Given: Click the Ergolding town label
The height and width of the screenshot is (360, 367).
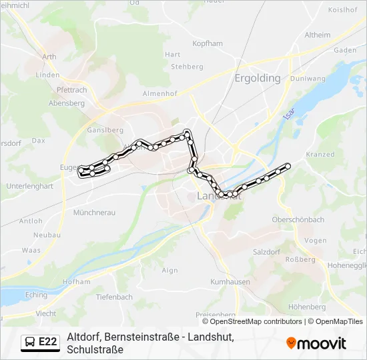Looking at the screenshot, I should tap(258, 78).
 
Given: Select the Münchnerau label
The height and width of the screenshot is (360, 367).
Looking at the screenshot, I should tap(94, 212).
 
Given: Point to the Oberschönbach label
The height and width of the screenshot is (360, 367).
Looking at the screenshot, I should tap(298, 219).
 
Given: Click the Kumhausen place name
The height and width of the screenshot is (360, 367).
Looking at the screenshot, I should tap(230, 282).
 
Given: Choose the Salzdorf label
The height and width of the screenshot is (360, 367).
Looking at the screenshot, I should tap(267, 252).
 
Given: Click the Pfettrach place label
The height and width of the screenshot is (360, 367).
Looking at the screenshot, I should tap(72, 90).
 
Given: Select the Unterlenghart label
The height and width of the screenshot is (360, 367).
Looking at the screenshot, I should tap(29, 187).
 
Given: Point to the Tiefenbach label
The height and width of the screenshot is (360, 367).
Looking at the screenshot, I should tap(114, 297).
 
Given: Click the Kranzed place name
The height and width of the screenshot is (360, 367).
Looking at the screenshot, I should tap(320, 155).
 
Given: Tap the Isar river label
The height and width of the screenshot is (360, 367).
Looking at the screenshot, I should tap(288, 114).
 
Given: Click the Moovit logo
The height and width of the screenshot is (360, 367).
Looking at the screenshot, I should tap(316, 343).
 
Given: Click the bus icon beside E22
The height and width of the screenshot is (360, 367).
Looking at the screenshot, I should tap(30, 343).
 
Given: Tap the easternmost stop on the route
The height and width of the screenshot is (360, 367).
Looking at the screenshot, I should tap(288, 165).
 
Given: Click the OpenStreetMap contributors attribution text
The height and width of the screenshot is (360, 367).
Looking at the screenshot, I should tap(256, 321).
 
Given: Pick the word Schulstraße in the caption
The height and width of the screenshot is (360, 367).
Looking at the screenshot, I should tap(95, 349).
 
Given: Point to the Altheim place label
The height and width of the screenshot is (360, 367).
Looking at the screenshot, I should tap(317, 35).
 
